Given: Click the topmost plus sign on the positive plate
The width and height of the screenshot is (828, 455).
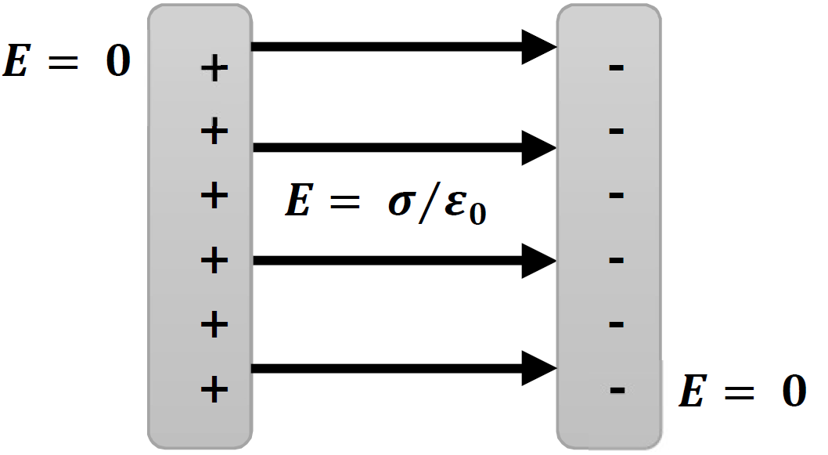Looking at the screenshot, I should coord(214,70).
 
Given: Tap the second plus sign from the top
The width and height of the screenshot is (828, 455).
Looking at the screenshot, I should coord(214,132).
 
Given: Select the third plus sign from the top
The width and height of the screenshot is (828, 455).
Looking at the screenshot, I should coord(214,196).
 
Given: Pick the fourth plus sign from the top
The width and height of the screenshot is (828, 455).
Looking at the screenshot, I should coord(214,260).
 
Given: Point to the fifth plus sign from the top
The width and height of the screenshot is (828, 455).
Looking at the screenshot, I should coord(214,323).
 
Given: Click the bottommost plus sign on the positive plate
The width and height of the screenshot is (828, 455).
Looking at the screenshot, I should coord(214,388).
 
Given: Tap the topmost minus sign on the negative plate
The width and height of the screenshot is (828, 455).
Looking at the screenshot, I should coord(616,68).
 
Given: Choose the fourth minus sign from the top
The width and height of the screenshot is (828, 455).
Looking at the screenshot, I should coord(616,259).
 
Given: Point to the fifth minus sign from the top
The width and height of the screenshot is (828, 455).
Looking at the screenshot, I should coord(616,323).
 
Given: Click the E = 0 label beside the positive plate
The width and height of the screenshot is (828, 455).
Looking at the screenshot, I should coord(66,62).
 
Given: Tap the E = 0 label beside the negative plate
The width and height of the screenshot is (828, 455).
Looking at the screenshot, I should coord(742,392).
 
